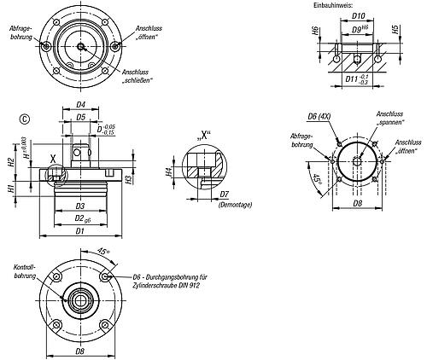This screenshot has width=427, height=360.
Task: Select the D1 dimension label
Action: pos(80,231)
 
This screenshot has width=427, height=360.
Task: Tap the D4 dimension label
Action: pos(81,105)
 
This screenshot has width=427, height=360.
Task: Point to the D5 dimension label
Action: pos(81,117)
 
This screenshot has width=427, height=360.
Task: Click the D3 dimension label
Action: pos(80,206)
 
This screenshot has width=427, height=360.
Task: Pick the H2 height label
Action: pos(11,162)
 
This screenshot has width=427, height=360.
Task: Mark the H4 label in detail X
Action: pos(169,171)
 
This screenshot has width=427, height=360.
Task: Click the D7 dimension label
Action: pos(225,195)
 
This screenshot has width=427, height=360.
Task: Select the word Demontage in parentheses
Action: pos(235,205)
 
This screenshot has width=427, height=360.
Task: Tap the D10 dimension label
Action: pos(359,16)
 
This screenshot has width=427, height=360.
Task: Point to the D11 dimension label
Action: pos(352,78)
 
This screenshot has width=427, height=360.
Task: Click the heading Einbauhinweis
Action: pos(333,5)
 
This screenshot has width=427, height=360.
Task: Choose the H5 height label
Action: pos(395,30)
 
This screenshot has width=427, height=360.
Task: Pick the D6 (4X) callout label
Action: pos(319,116)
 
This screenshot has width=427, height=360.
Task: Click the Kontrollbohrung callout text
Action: pos(25,271)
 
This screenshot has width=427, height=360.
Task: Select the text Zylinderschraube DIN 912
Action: pos(166,285)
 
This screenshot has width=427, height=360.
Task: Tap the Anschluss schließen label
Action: pos(137,76)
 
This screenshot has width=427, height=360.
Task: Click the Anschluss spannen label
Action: pos(390,118)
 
